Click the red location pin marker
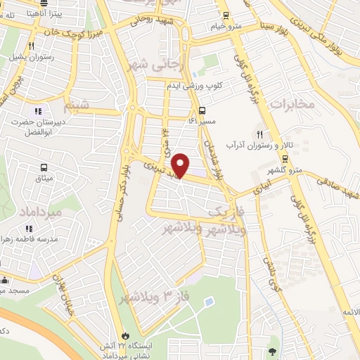point(181,165)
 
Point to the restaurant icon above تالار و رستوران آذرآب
point(260,134)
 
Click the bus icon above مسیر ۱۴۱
point(202,110)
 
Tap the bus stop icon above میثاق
point(44,168)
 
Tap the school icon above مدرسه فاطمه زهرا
point(29,229)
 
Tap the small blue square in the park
point(209,302)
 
